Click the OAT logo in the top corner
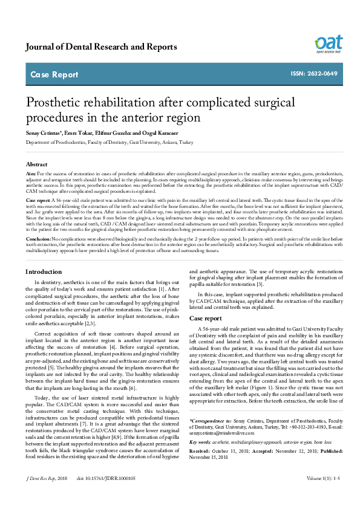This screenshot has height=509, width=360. click(x=328, y=42)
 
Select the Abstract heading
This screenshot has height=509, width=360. click(x=37, y=164)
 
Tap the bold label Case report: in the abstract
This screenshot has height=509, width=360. click(x=39, y=199)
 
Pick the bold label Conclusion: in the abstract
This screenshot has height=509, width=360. click(x=38, y=239)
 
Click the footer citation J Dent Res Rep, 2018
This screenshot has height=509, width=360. click(x=46, y=494)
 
